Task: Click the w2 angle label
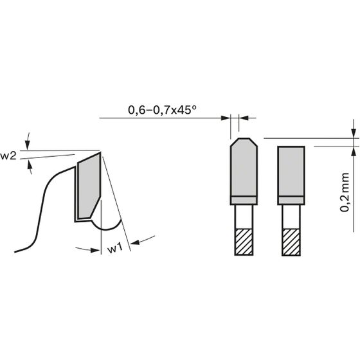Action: pos(8,156)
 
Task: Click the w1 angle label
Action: pos(115,248)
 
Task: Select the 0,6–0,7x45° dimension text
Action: pos(162,110)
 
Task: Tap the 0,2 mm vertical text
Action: pos(345,192)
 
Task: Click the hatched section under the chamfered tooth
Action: pos(244,242)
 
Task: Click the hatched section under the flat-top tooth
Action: pos(291,242)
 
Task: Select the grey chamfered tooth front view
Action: pos(244,171)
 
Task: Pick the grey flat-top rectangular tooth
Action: pos(291,175)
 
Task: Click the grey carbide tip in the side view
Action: pos(89,186)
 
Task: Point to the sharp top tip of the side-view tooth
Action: pos(100,152)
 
